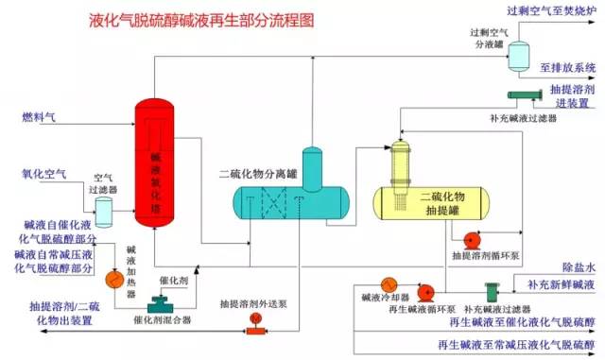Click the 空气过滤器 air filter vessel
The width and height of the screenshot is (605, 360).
(102, 206)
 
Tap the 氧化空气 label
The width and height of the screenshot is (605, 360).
(43, 174)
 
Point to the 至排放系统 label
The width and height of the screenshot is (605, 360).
(567, 68)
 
